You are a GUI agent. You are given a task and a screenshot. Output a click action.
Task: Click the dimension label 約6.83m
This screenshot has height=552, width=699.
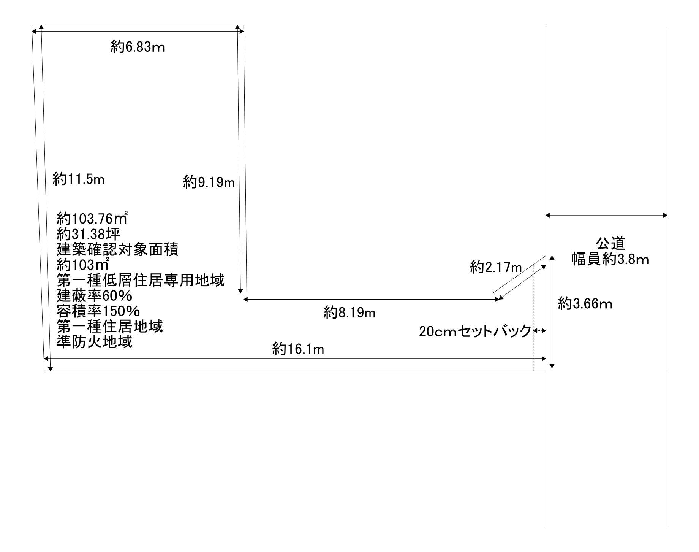[x=138, y=47]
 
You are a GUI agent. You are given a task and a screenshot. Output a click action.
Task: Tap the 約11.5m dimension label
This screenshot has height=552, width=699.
[x=78, y=179]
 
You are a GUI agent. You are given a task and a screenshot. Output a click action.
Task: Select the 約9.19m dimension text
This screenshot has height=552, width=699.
[x=209, y=182]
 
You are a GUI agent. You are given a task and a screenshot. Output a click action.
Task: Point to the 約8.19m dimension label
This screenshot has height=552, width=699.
[x=349, y=312]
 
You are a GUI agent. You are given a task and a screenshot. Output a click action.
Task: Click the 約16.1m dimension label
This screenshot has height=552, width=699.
[x=298, y=349]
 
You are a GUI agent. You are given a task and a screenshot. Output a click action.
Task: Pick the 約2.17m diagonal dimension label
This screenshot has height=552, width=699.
[x=496, y=267]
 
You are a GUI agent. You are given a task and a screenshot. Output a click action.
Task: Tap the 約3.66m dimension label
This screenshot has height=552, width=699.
[x=585, y=304]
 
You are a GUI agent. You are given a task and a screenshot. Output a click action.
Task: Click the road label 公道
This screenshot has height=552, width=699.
[x=610, y=244]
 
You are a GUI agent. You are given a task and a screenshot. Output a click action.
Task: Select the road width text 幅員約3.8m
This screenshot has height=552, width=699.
[x=610, y=259]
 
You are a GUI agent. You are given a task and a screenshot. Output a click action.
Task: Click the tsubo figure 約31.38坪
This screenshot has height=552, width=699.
[x=89, y=234]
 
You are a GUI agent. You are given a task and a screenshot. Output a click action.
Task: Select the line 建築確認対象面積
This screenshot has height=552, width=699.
[x=118, y=250]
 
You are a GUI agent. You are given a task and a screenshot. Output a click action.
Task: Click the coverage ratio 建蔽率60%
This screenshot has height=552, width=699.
[x=95, y=296]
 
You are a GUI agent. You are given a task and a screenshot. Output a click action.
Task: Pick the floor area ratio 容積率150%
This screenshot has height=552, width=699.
[x=98, y=311]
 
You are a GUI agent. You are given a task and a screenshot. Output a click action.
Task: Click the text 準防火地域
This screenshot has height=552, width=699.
[x=95, y=342]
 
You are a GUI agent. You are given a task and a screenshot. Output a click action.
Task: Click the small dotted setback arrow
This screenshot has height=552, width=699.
[x=539, y=331]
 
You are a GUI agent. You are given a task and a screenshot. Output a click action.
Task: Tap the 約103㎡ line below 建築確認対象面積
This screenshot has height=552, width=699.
[x=83, y=265]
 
